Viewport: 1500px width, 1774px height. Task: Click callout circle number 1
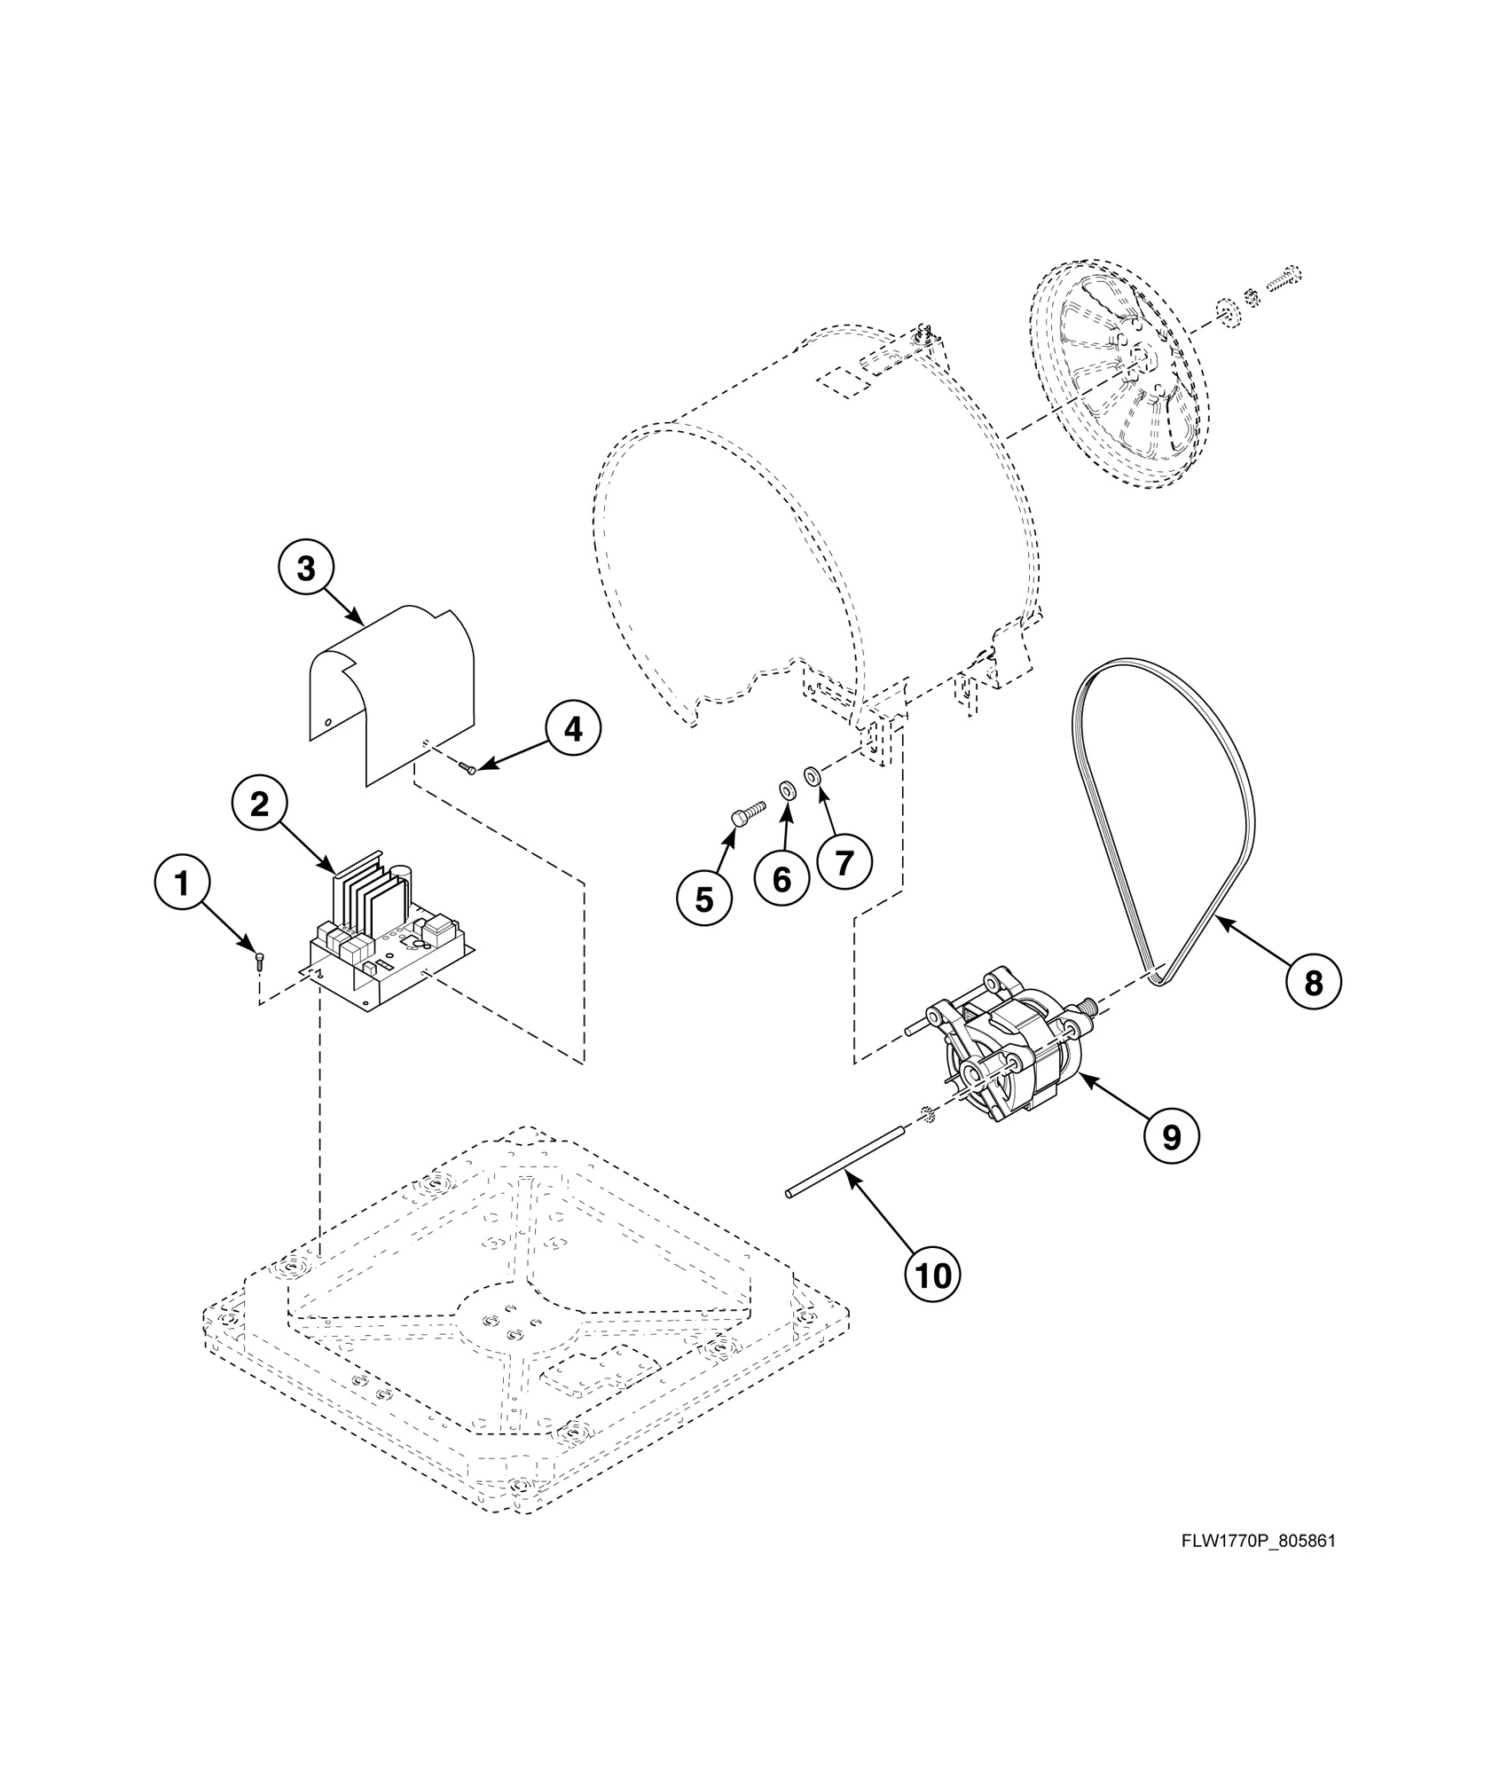(x=182, y=883)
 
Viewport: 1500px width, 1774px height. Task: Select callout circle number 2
(x=259, y=805)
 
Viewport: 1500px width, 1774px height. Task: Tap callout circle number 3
(x=306, y=569)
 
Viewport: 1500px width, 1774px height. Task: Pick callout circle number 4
(x=573, y=729)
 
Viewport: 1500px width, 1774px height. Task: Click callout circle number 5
(x=703, y=899)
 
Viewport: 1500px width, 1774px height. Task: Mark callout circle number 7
(x=844, y=860)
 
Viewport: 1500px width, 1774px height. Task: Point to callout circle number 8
(x=1314, y=982)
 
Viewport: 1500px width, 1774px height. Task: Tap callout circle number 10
(x=933, y=1275)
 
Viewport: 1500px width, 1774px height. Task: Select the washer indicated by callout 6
(x=786, y=789)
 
